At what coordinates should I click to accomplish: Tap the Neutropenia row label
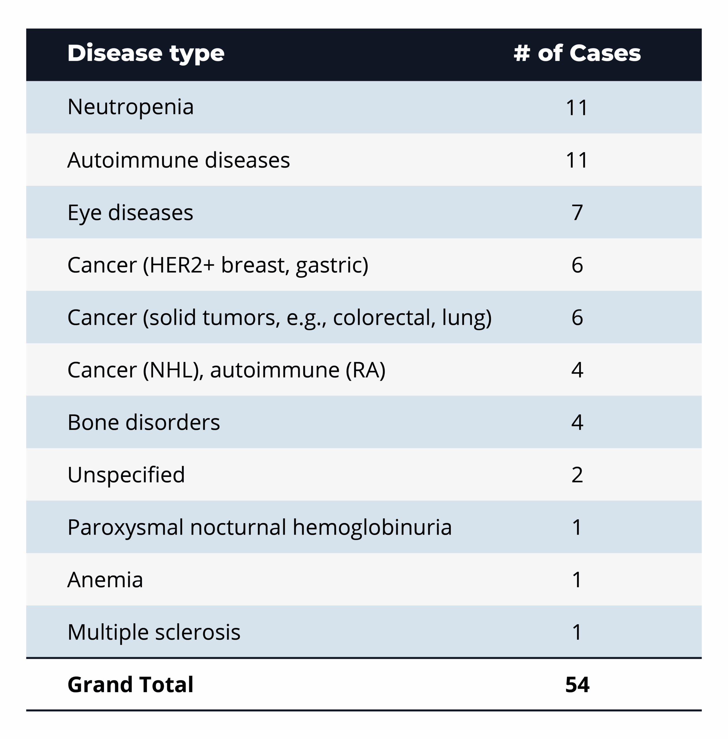pyautogui.click(x=130, y=107)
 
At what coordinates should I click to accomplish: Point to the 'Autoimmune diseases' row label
pyautogui.click(x=179, y=160)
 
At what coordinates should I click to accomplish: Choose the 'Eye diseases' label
pyautogui.click(x=130, y=213)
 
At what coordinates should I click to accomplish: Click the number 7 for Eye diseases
pyautogui.click(x=577, y=213)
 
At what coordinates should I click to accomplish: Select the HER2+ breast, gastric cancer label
pyautogui.click(x=218, y=265)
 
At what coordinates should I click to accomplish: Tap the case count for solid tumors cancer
pyautogui.click(x=577, y=318)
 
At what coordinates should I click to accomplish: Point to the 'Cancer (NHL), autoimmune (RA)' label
pyautogui.click(x=226, y=370)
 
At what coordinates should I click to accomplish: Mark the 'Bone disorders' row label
pyautogui.click(x=144, y=422)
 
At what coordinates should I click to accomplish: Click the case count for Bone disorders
pyautogui.click(x=577, y=422)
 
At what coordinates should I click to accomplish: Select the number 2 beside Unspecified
pyautogui.click(x=577, y=475)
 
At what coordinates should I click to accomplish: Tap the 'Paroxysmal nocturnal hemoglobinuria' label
pyautogui.click(x=260, y=527)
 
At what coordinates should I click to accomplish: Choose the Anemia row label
pyautogui.click(x=105, y=579)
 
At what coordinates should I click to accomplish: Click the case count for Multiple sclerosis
pyautogui.click(x=577, y=632)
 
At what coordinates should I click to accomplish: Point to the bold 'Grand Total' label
pyautogui.click(x=130, y=685)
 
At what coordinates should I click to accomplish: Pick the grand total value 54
pyautogui.click(x=577, y=685)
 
